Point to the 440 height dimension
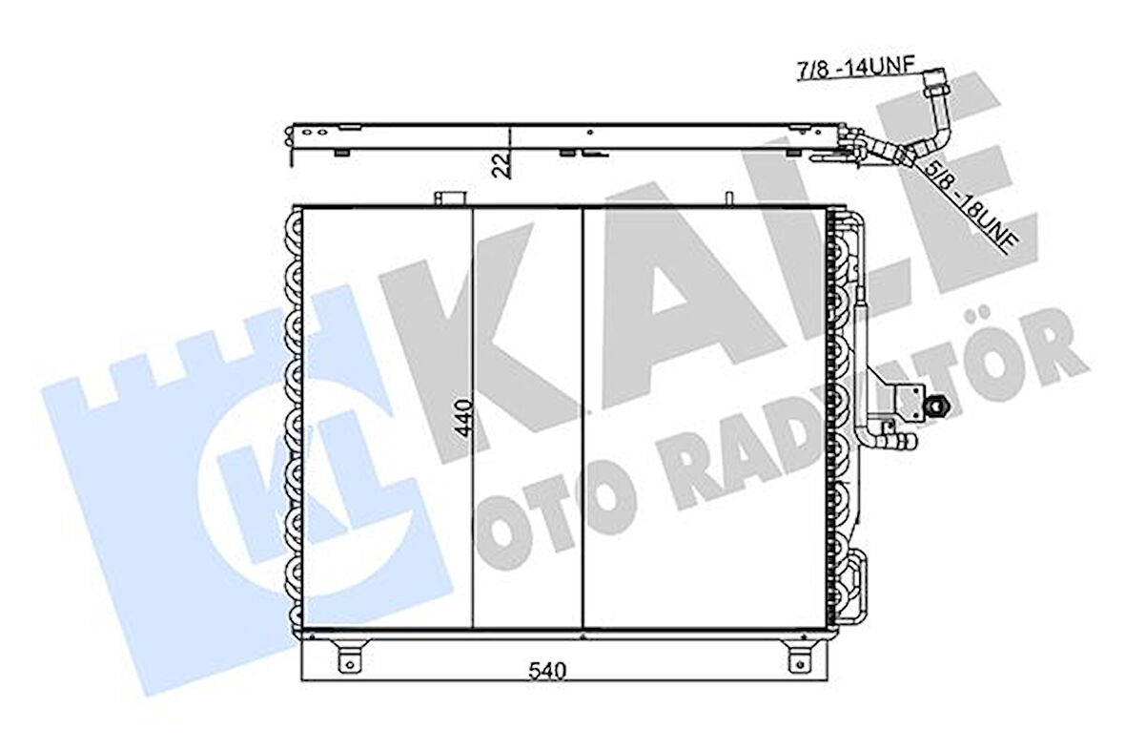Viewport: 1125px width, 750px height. [464, 417]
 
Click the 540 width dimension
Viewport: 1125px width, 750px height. [549, 672]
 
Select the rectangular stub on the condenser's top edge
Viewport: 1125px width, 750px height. [448, 198]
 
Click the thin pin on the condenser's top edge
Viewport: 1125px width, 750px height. [728, 198]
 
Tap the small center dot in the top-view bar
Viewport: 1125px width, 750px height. [591, 133]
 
